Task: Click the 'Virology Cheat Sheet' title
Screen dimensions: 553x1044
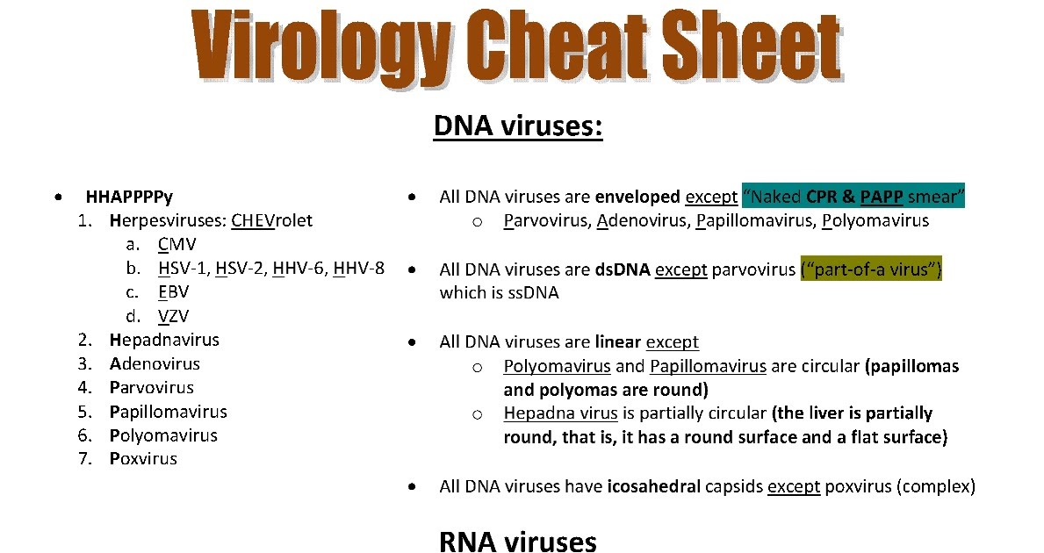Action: click(x=518, y=46)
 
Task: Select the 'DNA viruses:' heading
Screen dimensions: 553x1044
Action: click(x=518, y=126)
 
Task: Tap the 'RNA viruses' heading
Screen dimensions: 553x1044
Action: click(x=518, y=541)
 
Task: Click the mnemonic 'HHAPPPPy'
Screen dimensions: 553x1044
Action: click(x=129, y=197)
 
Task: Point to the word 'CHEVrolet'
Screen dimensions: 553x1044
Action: click(x=271, y=220)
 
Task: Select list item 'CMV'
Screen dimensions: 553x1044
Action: click(x=177, y=244)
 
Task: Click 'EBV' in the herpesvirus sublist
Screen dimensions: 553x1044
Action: click(x=174, y=291)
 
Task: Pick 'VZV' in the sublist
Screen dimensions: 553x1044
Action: click(x=174, y=315)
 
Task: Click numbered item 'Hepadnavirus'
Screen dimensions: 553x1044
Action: click(x=164, y=340)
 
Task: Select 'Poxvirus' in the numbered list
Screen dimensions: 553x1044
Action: click(x=143, y=459)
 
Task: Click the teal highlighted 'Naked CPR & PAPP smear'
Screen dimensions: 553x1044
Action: click(x=853, y=197)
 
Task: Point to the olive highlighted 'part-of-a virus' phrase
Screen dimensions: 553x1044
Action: click(x=870, y=269)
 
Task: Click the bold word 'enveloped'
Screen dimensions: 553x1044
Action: click(x=637, y=197)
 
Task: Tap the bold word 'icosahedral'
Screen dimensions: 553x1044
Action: click(x=653, y=486)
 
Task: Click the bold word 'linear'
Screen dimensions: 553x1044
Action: click(x=617, y=342)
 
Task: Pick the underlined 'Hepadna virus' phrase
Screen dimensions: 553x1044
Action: click(x=561, y=413)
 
